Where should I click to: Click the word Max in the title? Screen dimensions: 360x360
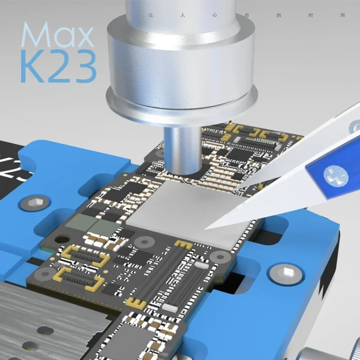(x=58, y=35)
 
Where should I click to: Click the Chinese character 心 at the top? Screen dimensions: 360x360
(x=215, y=15)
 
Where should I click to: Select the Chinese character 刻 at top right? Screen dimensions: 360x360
(x=343, y=15)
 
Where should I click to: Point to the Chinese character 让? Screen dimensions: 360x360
(x=151, y=15)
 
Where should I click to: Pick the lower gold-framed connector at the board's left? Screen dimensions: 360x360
(x=76, y=279)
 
